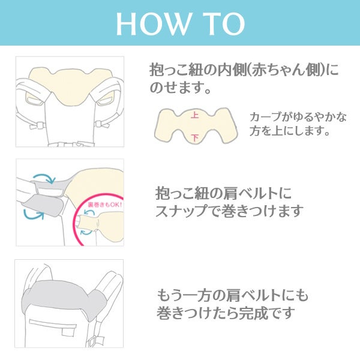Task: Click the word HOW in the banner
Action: tap(154, 24)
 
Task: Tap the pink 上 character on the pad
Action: tap(194, 115)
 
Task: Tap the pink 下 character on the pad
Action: tap(194, 137)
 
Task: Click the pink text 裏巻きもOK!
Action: tap(104, 205)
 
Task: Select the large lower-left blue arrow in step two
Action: tap(34, 215)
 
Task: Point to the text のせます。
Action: tap(181, 88)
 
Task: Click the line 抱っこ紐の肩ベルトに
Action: tap(224, 193)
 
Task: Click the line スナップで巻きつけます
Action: tap(229, 211)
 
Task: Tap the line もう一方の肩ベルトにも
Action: tap(232, 295)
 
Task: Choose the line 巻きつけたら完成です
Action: tap(226, 313)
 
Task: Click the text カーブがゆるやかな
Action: tap(298, 117)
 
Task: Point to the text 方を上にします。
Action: tap(290, 131)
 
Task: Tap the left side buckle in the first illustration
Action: tap(37, 125)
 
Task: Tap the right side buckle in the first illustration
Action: tap(102, 124)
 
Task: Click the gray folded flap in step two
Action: tap(43, 205)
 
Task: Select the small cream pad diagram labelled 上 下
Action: tap(196, 126)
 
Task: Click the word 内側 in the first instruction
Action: tap(232, 70)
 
